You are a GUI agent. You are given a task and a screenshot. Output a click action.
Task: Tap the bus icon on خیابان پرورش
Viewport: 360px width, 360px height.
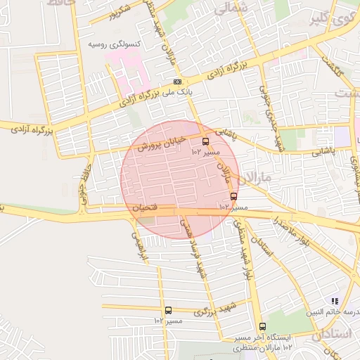(x=205, y=141)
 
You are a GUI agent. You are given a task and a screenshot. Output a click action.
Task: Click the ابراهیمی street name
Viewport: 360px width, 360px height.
(x=136, y=245)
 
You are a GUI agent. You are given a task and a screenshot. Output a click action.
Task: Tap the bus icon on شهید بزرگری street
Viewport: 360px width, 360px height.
(x=168, y=310)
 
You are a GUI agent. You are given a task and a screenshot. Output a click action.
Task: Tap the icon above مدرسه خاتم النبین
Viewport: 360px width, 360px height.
(x=335, y=300)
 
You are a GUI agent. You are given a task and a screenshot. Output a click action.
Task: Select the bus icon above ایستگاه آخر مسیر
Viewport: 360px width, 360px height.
(x=262, y=326)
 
